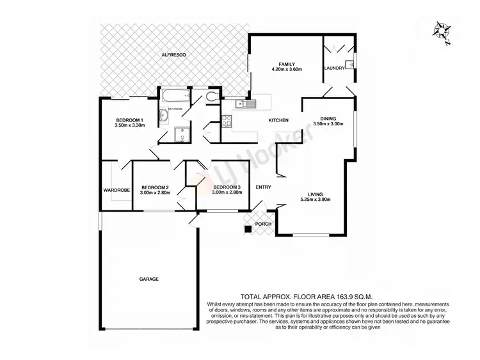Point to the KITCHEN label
tap(278, 120)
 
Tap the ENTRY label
tap(262, 187)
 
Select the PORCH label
tap(263, 224)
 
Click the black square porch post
tap(247, 229)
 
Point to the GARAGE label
tap(149, 279)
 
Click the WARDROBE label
tap(117, 190)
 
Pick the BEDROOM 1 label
tap(130, 120)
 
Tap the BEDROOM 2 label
tap(154, 187)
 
